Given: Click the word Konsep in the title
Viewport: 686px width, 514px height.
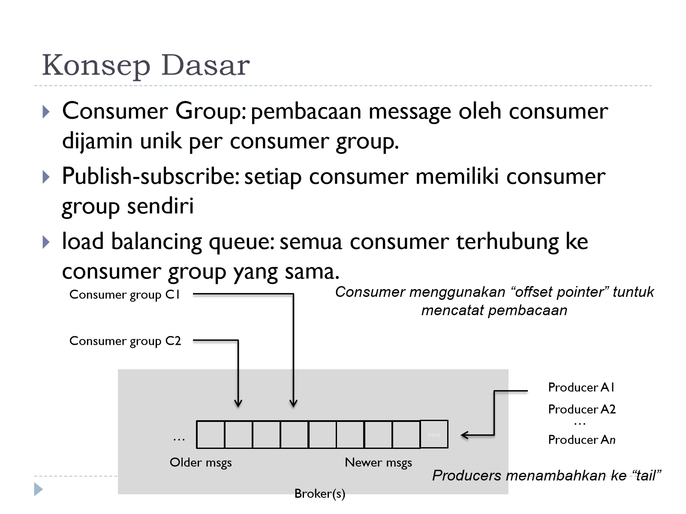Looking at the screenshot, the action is point(96,66).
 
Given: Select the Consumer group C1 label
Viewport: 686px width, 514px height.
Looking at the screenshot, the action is point(125,295).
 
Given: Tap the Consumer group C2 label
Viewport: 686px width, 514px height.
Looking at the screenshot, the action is point(125,341).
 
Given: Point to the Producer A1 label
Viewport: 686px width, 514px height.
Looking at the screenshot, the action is point(581,387).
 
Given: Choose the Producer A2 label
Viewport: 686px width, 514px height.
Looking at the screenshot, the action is point(582,409).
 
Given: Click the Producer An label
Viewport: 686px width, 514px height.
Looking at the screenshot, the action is point(582,440).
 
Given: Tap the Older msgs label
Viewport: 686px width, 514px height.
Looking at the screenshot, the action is point(201,463).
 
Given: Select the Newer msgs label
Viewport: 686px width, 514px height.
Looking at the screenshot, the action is point(378,463).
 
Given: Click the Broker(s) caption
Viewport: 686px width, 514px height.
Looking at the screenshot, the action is point(320,494).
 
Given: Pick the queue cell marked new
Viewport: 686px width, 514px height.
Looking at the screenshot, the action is point(434,434).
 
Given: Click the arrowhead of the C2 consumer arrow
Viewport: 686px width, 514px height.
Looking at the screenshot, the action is point(238,403).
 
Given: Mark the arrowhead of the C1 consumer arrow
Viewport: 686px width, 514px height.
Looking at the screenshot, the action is point(293,403).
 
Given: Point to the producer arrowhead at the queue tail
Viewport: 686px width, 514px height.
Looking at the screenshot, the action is point(465,435).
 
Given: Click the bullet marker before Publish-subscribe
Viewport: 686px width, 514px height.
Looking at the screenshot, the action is point(46,177).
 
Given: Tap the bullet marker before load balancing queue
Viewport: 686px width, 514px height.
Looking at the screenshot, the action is point(46,242).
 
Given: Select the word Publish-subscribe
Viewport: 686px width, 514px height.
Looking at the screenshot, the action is point(150,176).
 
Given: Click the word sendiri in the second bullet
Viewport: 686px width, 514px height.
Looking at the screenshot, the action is point(160,206).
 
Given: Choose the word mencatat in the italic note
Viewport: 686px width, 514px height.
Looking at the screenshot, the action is point(451,310).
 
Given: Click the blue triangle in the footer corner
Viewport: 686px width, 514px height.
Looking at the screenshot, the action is point(38,489).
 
